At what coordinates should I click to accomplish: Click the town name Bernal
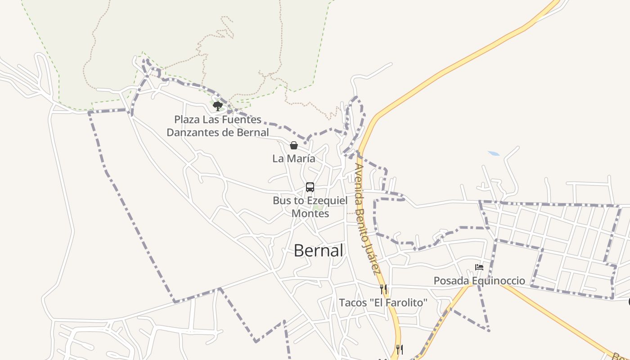(x=318, y=251)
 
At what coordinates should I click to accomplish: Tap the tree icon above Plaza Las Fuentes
(x=218, y=106)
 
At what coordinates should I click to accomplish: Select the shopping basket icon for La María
(x=293, y=145)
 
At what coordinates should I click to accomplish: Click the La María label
(x=293, y=158)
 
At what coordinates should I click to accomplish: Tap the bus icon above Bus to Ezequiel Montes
(x=310, y=187)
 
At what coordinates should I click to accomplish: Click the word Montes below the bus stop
(x=310, y=213)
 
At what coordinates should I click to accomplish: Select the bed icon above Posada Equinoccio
(x=479, y=267)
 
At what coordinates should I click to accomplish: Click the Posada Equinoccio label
(x=479, y=281)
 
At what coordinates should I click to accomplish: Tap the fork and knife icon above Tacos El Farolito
(x=383, y=289)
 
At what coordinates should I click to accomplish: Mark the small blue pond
(x=494, y=153)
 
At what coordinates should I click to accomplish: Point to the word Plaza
(x=187, y=120)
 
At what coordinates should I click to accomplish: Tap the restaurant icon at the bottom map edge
(x=399, y=349)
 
